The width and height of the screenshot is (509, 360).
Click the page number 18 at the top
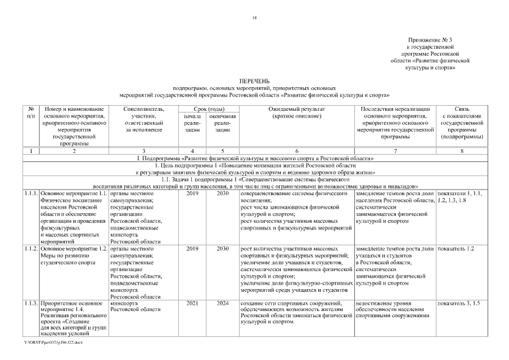tap(255, 18)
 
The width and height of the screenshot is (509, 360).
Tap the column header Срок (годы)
tap(208, 108)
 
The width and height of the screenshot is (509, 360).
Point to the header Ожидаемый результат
tap(296, 108)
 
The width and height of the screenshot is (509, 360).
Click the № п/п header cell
tap(31, 111)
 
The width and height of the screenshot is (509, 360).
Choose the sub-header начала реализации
tap(192, 123)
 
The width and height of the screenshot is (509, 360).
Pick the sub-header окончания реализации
tap(222, 123)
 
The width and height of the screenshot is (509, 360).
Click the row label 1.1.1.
tap(31, 193)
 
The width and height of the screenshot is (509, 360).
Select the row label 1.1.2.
tap(31, 248)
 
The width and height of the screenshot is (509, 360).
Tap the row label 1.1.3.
tap(31, 303)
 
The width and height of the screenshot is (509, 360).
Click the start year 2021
tap(192, 303)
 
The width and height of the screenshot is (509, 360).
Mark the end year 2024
tap(223, 303)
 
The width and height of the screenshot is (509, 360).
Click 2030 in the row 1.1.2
tap(223, 248)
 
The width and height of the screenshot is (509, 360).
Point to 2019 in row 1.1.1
tap(192, 193)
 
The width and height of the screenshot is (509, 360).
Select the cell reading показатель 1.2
tap(456, 248)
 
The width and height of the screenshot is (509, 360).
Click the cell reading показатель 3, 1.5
tap(458, 303)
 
